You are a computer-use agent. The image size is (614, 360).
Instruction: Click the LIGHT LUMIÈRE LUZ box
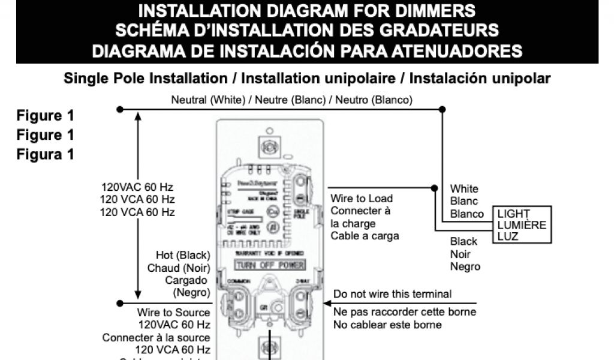522,225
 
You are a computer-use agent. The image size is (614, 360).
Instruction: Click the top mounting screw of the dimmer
269,146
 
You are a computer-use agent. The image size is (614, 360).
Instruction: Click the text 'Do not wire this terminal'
393,294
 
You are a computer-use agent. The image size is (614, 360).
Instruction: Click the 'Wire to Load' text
362,199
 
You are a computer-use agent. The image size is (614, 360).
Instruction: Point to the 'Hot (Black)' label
183,255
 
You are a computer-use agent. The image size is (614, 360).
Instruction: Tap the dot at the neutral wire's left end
120,109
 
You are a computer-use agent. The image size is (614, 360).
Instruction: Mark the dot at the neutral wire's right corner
442,109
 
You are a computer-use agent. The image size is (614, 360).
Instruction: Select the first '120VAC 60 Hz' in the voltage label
137,187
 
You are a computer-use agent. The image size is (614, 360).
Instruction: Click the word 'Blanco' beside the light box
467,214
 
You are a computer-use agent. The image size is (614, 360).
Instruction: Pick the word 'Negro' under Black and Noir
465,266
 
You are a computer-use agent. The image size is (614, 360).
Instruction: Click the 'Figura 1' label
46,154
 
